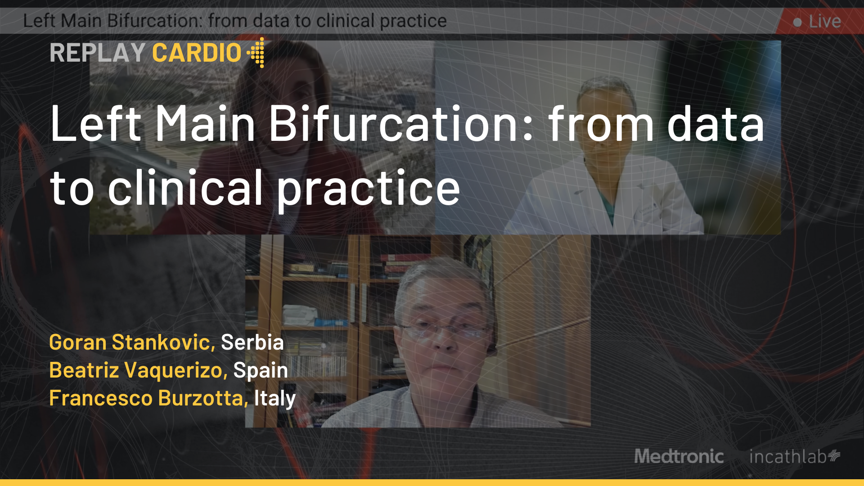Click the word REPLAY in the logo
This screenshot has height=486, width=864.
coord(97,53)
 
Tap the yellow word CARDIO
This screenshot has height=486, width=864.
coord(197,53)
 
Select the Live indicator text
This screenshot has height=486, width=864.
coord(825,21)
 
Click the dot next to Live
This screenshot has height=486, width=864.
coord(797,22)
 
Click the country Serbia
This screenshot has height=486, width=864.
coord(252,342)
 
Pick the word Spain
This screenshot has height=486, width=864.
coord(261,371)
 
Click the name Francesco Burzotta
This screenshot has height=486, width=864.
coord(148,398)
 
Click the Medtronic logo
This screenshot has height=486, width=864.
coord(679,456)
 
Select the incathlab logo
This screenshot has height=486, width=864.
coord(795,456)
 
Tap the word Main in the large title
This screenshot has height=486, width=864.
coord(205,123)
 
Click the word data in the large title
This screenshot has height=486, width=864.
coord(715,123)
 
